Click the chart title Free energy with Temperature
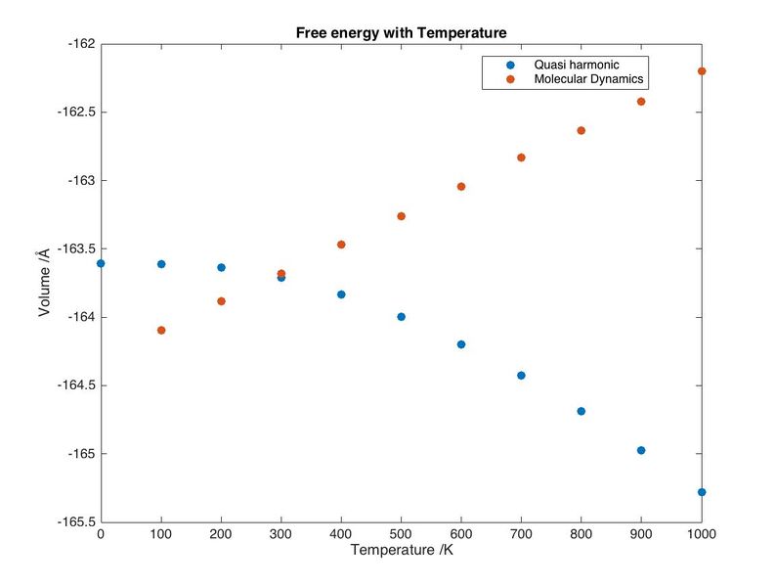(x=401, y=32)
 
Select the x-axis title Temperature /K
(x=401, y=551)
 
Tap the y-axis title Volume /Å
(x=43, y=282)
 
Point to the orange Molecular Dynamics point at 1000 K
(x=702, y=71)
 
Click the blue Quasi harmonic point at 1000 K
(x=702, y=492)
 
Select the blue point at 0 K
(x=101, y=263)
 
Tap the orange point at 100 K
(x=161, y=331)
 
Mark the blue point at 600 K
(x=461, y=344)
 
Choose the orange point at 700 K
(x=521, y=158)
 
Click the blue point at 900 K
(x=641, y=450)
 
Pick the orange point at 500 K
(x=401, y=216)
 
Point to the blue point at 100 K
(x=161, y=264)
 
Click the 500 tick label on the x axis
(x=401, y=534)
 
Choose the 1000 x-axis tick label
(x=701, y=534)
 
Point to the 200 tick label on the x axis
(x=221, y=534)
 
